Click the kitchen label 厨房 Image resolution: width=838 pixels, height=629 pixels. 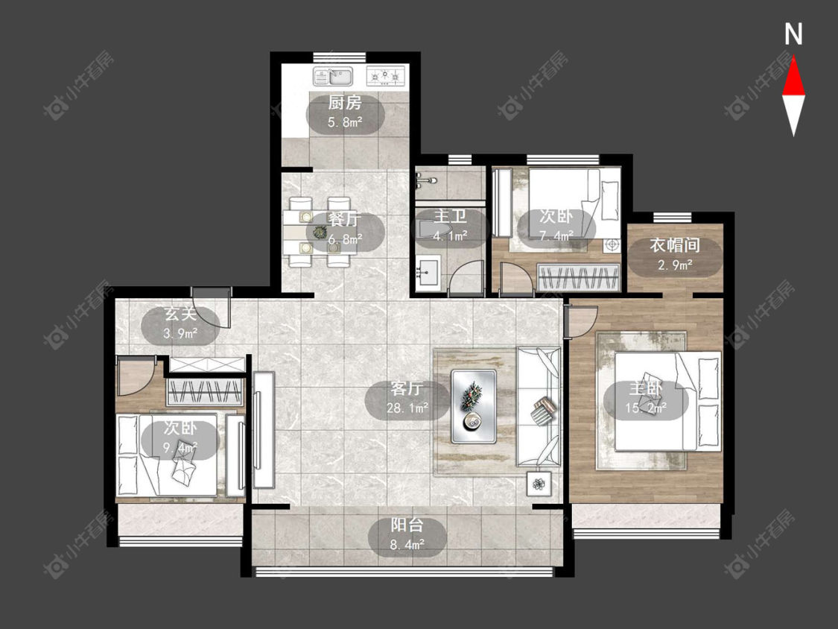point(345,101)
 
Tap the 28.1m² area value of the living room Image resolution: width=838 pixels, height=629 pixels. point(407,408)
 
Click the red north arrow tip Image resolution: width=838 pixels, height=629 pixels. point(793,58)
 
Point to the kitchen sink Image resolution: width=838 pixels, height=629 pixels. point(333,76)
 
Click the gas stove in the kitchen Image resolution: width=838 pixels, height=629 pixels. point(384,76)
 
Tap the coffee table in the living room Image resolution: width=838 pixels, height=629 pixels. point(474,406)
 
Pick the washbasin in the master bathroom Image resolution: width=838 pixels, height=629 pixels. point(428,273)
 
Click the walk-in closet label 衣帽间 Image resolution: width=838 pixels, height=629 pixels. point(674,245)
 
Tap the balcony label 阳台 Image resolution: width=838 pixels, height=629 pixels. point(407,525)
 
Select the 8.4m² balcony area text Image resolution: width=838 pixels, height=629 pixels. point(407,545)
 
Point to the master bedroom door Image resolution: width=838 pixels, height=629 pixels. point(580,321)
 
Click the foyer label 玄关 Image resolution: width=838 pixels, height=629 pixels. point(181,314)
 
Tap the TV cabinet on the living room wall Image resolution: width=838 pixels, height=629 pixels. point(264,430)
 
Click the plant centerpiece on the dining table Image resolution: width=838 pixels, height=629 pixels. point(320,232)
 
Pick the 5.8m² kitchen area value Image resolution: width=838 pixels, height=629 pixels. point(345,122)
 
